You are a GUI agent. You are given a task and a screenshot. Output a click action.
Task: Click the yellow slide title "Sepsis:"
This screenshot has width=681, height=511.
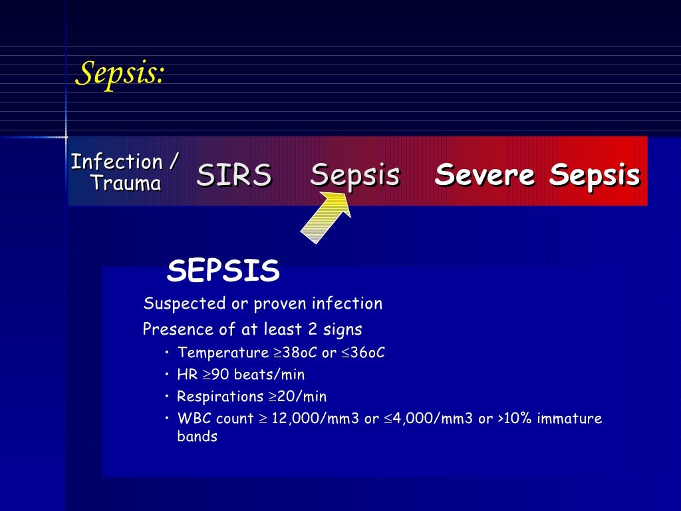120,73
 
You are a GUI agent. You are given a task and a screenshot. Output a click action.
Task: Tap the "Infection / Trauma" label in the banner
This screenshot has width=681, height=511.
125,172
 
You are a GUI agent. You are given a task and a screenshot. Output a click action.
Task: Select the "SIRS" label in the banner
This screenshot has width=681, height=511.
234,175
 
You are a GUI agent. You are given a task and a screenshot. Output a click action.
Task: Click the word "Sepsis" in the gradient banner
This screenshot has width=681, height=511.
354,175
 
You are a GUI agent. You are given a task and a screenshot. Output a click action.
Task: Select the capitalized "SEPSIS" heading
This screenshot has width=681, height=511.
223,271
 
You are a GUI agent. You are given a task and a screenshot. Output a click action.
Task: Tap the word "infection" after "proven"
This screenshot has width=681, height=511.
350,304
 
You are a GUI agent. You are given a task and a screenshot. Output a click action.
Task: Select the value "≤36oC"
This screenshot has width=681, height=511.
363,353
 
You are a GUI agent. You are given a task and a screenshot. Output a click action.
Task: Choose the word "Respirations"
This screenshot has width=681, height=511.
220,397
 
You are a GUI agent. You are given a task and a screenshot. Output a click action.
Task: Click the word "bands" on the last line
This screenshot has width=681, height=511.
197,437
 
